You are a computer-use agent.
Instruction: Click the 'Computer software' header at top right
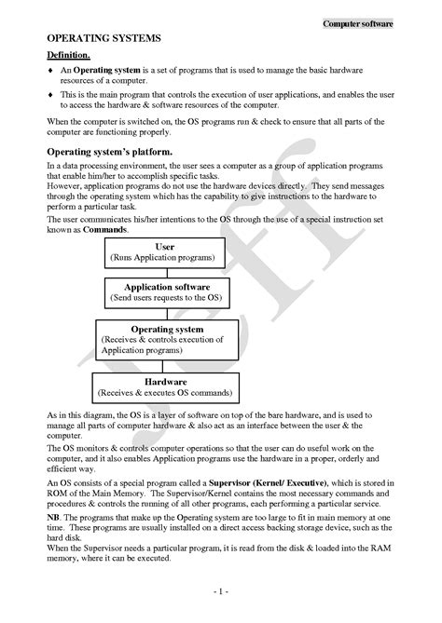[x=358, y=23]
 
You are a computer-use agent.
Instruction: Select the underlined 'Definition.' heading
[x=68, y=57]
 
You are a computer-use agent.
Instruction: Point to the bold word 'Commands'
[x=102, y=228]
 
